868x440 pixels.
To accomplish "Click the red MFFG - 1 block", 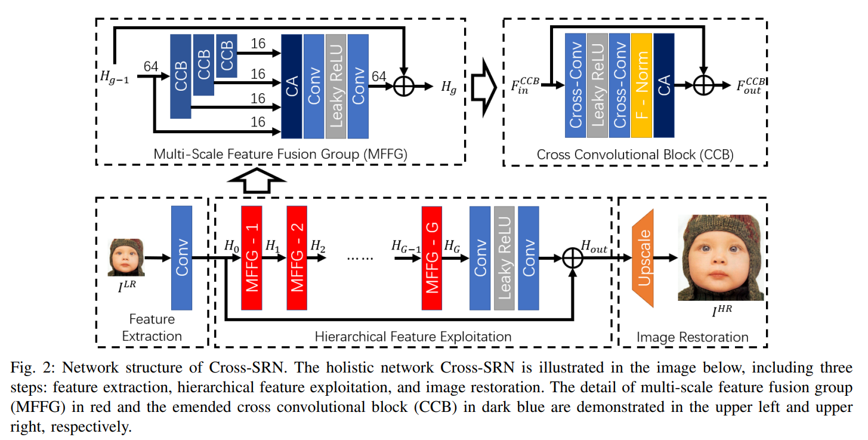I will point(252,258).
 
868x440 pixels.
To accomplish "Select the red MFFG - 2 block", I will point(296,258).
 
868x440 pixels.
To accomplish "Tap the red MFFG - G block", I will point(431,258).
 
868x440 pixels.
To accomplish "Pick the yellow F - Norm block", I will point(641,86).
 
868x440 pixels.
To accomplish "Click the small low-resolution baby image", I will point(126,257).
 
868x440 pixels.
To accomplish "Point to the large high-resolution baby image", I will point(720,257).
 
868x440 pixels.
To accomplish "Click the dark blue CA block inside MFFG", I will point(291,86).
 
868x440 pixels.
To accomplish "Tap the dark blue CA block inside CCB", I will point(664,86).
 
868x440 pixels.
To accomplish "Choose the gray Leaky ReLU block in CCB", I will point(597,86).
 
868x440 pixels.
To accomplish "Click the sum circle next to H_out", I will point(573,258).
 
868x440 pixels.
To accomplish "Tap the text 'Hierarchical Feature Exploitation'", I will point(413,337).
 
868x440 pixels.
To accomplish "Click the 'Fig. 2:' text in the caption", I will point(30,367).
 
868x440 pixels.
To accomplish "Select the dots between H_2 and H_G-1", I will point(359,259).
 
